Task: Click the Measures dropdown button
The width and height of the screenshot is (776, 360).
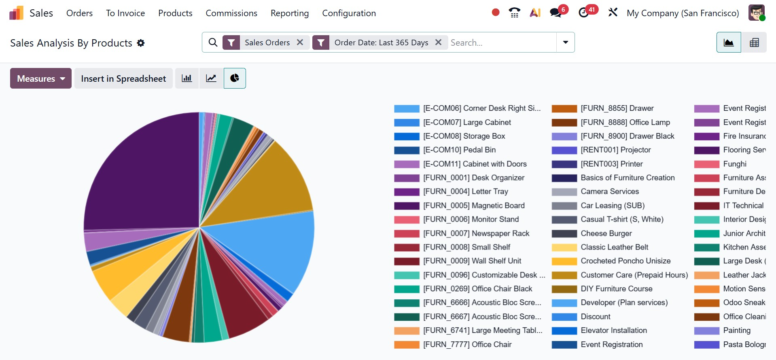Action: pos(40,78)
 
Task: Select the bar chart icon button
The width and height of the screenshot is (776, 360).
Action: pos(187,78)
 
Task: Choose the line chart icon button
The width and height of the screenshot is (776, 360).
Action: pos(211,78)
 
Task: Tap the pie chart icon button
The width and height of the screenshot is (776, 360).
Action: pos(235,78)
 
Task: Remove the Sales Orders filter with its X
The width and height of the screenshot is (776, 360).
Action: pos(300,42)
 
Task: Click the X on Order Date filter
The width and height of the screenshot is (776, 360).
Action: pos(438,42)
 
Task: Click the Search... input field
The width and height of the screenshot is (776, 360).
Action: pos(502,42)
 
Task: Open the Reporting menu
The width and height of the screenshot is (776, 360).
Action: pos(289,13)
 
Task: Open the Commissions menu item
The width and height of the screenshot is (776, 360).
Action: pos(231,13)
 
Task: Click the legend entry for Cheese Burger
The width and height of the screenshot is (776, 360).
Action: pos(606,233)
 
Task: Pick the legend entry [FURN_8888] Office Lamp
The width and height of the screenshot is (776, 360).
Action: pos(625,122)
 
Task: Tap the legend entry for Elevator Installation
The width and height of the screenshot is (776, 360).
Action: pos(613,330)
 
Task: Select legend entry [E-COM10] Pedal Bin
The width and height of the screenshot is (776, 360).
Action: pos(459,150)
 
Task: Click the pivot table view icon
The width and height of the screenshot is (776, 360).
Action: pos(754,42)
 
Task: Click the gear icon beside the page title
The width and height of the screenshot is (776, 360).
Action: pos(141,43)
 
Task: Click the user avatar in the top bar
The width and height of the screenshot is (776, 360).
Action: pos(756,13)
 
